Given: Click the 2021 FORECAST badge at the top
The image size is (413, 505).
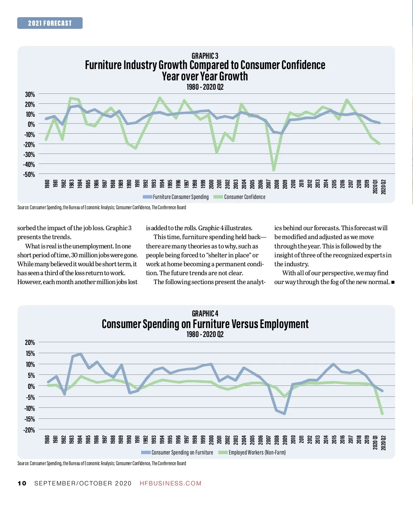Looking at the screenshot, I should coord(50,23).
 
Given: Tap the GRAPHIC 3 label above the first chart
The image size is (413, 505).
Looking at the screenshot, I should coord(205,56).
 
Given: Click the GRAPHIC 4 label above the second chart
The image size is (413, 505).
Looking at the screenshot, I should coord(205,314).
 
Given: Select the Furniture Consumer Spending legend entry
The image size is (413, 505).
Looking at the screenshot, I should coord(176,197).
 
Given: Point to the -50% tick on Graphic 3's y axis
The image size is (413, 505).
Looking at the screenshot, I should coord(29,175).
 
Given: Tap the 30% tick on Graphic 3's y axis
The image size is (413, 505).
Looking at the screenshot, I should coord(30,94).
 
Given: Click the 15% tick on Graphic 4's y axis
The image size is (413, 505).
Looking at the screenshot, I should coord(30,353).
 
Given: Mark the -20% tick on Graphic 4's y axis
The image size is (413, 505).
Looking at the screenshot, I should coord(30,430).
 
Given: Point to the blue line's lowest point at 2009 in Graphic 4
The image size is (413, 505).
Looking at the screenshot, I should coord(285,414).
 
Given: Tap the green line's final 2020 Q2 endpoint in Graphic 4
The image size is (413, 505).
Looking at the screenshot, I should coord(382,414).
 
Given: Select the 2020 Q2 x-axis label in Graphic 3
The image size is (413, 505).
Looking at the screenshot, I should coord(383,187).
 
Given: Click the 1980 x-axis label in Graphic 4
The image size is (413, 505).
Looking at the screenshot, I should coord(47,439).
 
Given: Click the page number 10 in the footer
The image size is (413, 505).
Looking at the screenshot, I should coord(22,483).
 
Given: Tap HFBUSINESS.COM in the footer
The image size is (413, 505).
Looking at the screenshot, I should coord(170,483).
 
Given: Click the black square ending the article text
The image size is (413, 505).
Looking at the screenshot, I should coord(393,282).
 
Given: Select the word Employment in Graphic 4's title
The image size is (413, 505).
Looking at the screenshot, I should coord(284,324).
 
